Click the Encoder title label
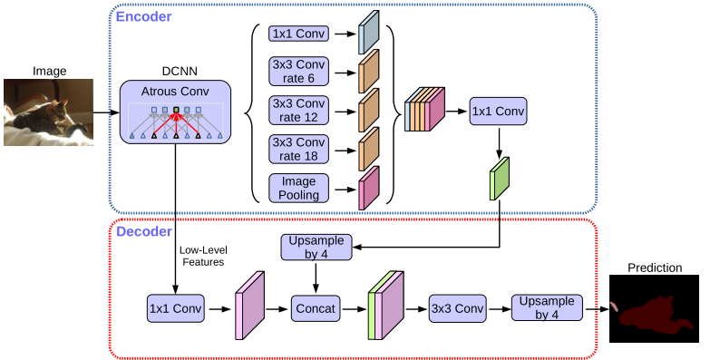pos(144,16)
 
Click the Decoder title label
pos(144,232)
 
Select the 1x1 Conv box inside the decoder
pos(176,307)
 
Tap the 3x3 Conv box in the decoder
pos(457,307)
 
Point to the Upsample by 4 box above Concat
pos(313,248)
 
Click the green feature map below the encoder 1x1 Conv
pos(501,178)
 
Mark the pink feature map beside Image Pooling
pos(369,188)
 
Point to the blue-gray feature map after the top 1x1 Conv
pos(369,34)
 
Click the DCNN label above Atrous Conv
pos(176,70)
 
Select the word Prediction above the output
pos(654,268)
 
